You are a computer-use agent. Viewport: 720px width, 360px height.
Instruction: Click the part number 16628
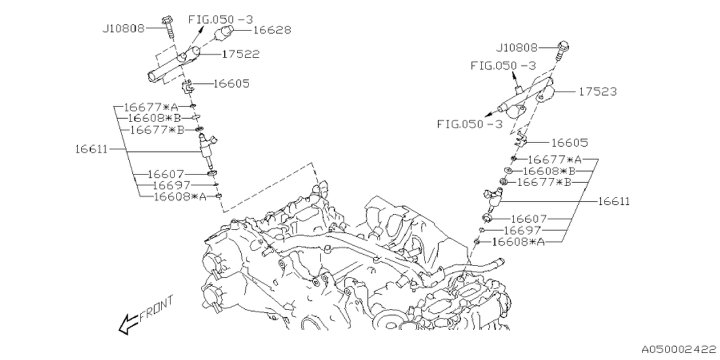click(x=272, y=30)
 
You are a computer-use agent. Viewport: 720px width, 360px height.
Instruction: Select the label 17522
click(x=240, y=54)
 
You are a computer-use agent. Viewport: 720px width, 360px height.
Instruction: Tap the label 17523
click(x=597, y=92)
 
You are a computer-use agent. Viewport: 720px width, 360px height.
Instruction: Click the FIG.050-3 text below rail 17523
click(x=469, y=124)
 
